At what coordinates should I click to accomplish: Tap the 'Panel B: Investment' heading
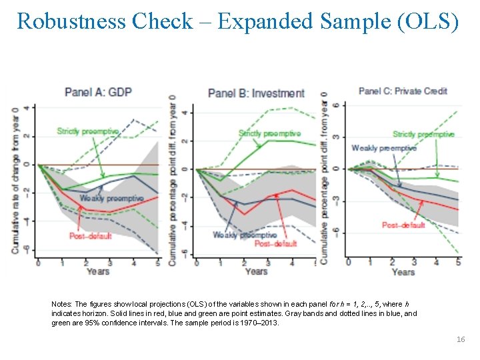(x=256, y=93)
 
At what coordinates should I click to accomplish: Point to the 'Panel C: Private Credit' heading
(x=403, y=91)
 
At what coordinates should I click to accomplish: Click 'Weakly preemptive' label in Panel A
(x=111, y=198)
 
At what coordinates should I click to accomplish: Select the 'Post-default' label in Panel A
(x=90, y=235)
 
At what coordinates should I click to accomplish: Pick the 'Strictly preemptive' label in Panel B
(x=269, y=134)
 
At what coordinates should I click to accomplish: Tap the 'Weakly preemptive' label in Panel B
(x=245, y=235)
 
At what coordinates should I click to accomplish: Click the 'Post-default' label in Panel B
(x=275, y=243)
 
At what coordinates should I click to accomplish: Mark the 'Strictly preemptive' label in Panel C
(x=423, y=135)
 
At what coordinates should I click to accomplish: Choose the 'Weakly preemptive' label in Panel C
(x=384, y=148)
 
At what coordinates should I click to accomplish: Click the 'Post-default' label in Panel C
(x=403, y=225)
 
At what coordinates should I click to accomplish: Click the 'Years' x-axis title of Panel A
(x=97, y=271)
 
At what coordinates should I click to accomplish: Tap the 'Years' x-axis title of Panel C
(x=403, y=271)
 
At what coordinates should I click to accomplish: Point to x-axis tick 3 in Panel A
(x=110, y=263)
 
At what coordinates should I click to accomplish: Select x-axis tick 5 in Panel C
(x=458, y=262)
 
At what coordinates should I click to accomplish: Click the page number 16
(x=461, y=339)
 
